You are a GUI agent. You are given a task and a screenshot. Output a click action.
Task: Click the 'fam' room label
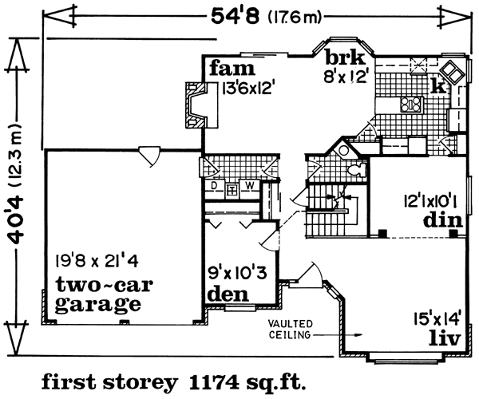[232, 69]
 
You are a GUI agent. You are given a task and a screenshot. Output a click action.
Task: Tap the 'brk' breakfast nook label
[345, 57]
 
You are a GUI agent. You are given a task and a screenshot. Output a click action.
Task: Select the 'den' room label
[228, 294]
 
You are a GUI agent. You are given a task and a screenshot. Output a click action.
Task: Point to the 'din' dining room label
[442, 219]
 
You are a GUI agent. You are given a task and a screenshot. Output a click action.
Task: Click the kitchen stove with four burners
[411, 105]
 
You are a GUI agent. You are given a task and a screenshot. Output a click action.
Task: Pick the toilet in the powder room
[357, 169]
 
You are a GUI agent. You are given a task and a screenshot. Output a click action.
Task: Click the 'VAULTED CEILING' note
[291, 330]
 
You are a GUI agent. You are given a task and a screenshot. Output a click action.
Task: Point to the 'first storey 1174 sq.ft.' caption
[173, 382]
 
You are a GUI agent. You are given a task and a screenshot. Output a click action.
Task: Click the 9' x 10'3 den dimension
[237, 273]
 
